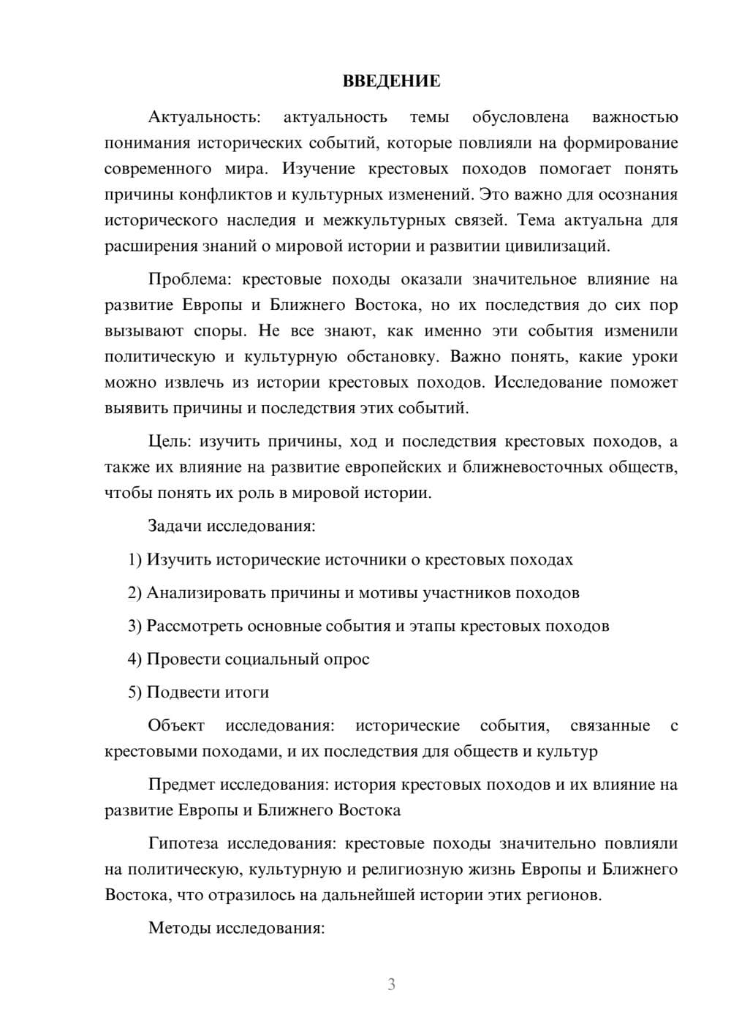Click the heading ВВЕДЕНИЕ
pyautogui.click(x=391, y=81)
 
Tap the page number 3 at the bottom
pyautogui.click(x=391, y=984)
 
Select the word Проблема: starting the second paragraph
pyautogui.click(x=189, y=279)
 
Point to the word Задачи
pyautogui.click(x=175, y=526)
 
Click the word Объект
pyautogui.click(x=176, y=726)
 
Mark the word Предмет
pyautogui.click(x=181, y=785)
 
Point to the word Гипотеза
pyautogui.click(x=183, y=844)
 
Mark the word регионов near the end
pyautogui.click(x=565, y=895)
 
